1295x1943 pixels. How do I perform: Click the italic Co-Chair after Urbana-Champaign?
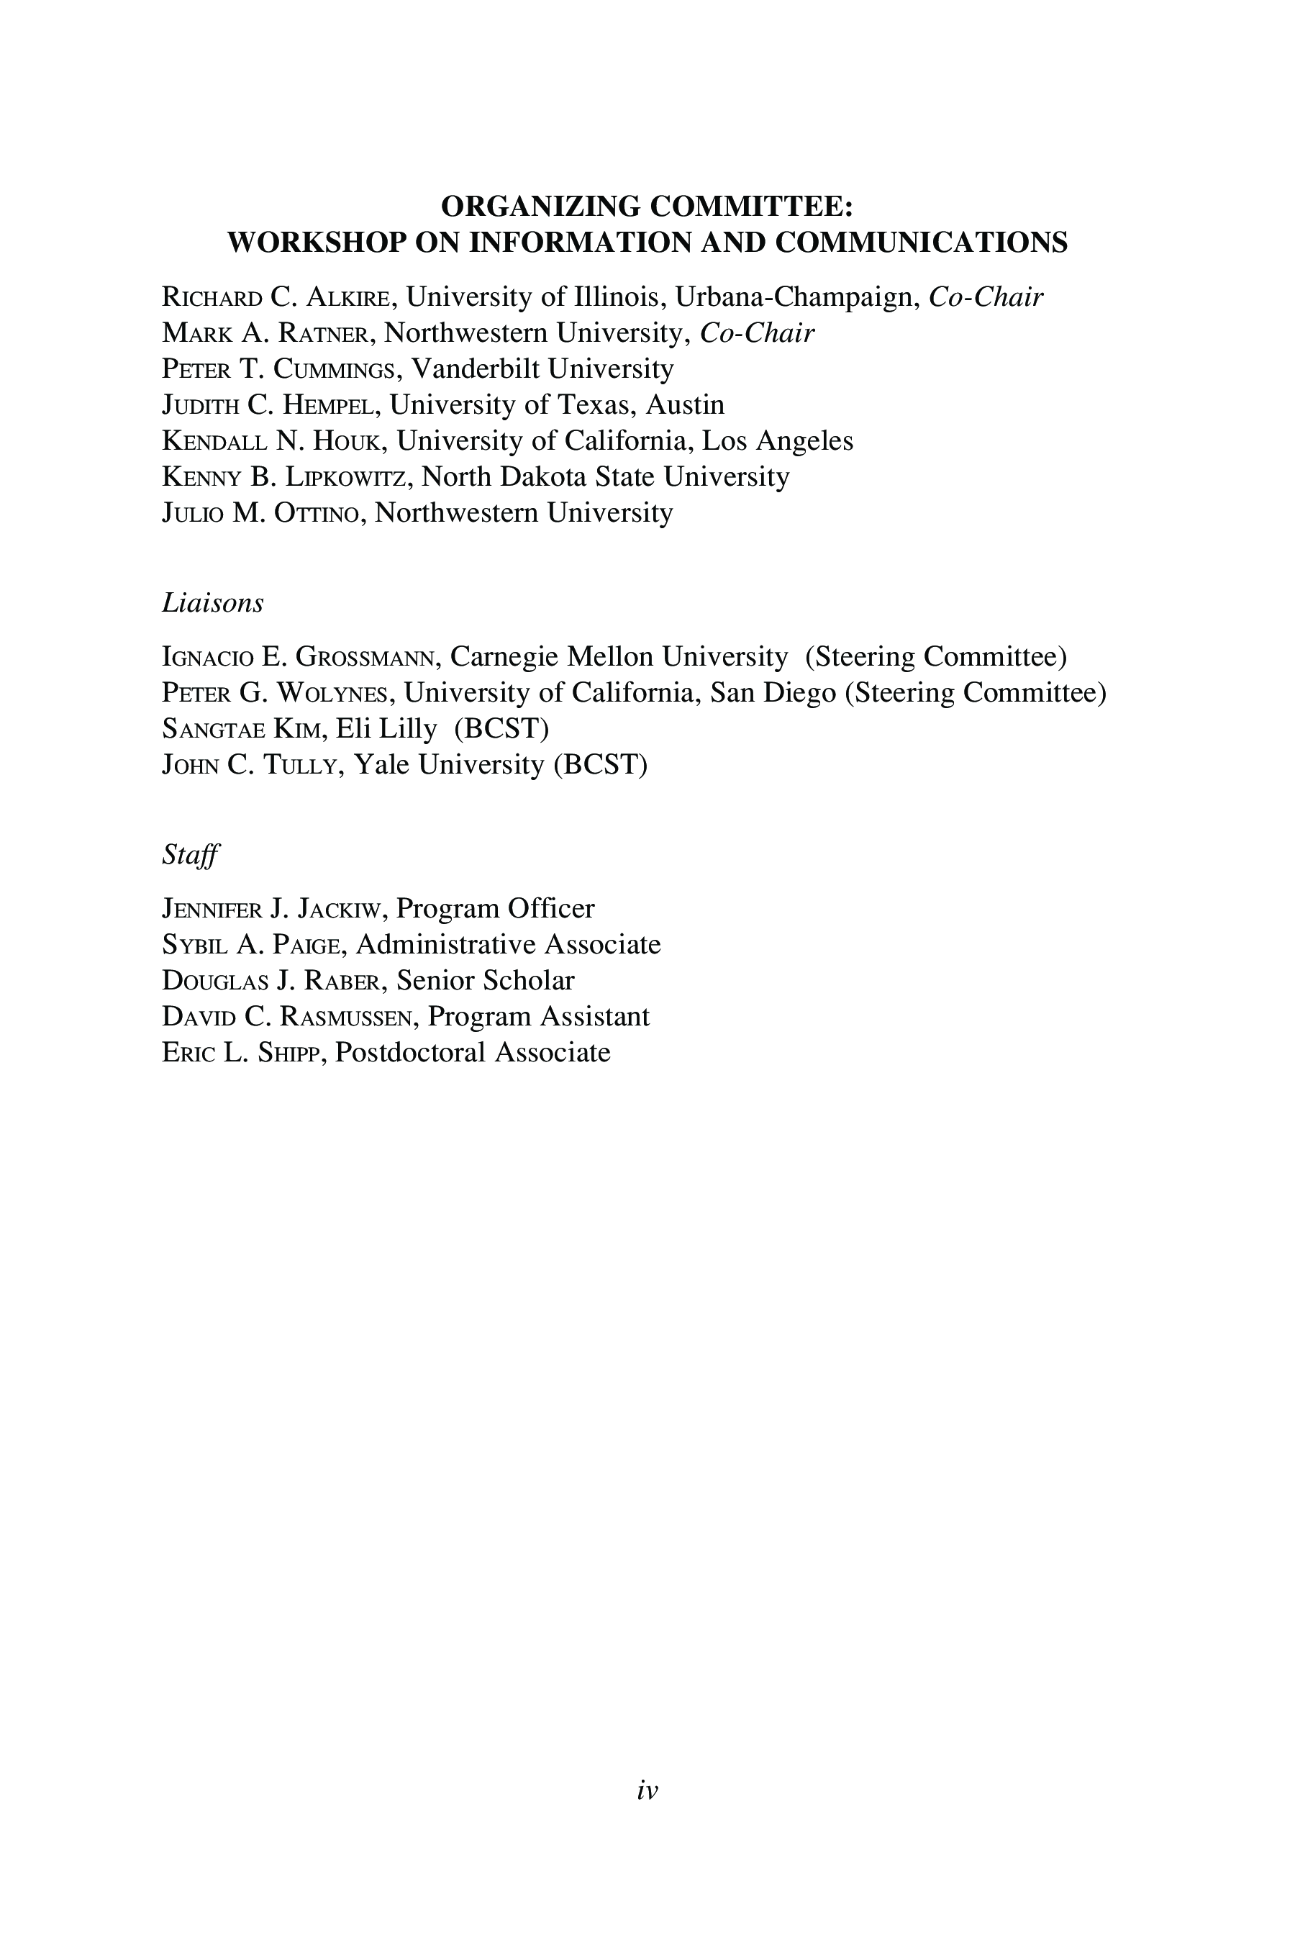(x=986, y=296)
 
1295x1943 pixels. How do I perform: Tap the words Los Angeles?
(x=777, y=441)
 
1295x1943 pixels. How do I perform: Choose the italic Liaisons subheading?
(x=213, y=603)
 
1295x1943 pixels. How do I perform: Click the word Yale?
(x=381, y=765)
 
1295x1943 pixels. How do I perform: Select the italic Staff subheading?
(x=191, y=854)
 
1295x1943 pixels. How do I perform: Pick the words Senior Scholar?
(x=485, y=981)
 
